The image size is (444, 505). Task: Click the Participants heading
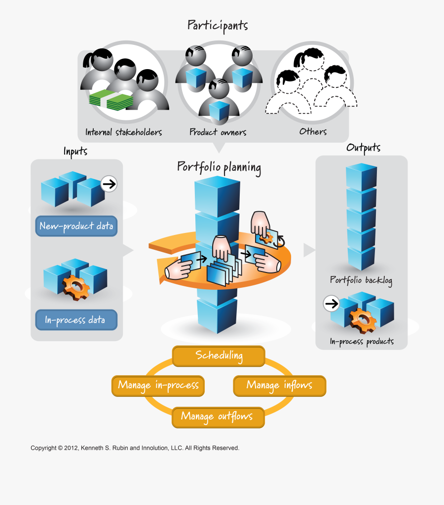(218, 26)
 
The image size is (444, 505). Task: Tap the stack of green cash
(111, 101)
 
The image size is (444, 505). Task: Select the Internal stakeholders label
(123, 132)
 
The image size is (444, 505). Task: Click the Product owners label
(218, 132)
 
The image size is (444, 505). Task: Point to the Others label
(313, 131)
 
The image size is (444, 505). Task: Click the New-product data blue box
(76, 227)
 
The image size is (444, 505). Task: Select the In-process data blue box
(76, 320)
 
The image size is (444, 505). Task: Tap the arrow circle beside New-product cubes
(109, 185)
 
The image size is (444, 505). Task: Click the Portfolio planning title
(219, 167)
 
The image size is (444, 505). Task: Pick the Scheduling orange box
(219, 355)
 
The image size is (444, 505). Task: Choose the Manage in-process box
(158, 385)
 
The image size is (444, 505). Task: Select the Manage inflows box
(279, 385)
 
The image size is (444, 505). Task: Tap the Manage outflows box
(217, 416)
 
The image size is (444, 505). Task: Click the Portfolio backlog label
(361, 280)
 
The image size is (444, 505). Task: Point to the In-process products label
(362, 342)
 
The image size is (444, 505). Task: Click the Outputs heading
(363, 148)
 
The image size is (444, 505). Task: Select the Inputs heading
(75, 151)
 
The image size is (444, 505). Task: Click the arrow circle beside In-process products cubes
(332, 304)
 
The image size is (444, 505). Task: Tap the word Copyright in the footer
(43, 448)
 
